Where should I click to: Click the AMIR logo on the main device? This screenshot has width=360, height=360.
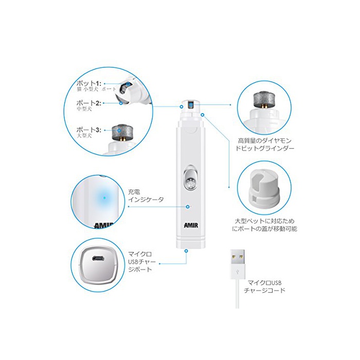click(x=191, y=225)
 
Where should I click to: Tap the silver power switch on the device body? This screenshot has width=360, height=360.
click(x=191, y=178)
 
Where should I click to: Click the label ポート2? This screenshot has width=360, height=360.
click(x=89, y=103)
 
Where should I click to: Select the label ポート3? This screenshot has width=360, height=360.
click(x=89, y=130)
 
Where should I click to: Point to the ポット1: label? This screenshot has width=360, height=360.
click(x=89, y=83)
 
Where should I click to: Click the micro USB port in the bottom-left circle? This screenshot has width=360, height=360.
click(x=98, y=259)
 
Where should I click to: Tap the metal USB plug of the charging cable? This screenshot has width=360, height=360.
click(x=238, y=257)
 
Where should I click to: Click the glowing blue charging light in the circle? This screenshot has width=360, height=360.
click(x=104, y=197)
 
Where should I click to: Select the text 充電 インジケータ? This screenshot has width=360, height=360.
click(x=146, y=196)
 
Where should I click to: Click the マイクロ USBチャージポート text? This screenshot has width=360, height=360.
click(x=142, y=261)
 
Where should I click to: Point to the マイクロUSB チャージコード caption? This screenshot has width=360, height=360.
click(x=264, y=286)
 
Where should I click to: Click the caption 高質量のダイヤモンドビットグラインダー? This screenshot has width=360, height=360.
click(x=265, y=145)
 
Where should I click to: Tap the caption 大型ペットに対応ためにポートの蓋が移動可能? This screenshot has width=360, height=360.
click(x=264, y=225)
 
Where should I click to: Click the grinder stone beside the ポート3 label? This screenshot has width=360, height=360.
click(x=119, y=132)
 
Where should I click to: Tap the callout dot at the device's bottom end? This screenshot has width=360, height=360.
click(x=186, y=251)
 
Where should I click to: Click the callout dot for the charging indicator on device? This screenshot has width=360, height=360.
click(x=188, y=207)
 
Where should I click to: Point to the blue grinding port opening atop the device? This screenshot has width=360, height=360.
click(x=191, y=105)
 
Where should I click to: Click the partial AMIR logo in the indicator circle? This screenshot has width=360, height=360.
click(x=104, y=225)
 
